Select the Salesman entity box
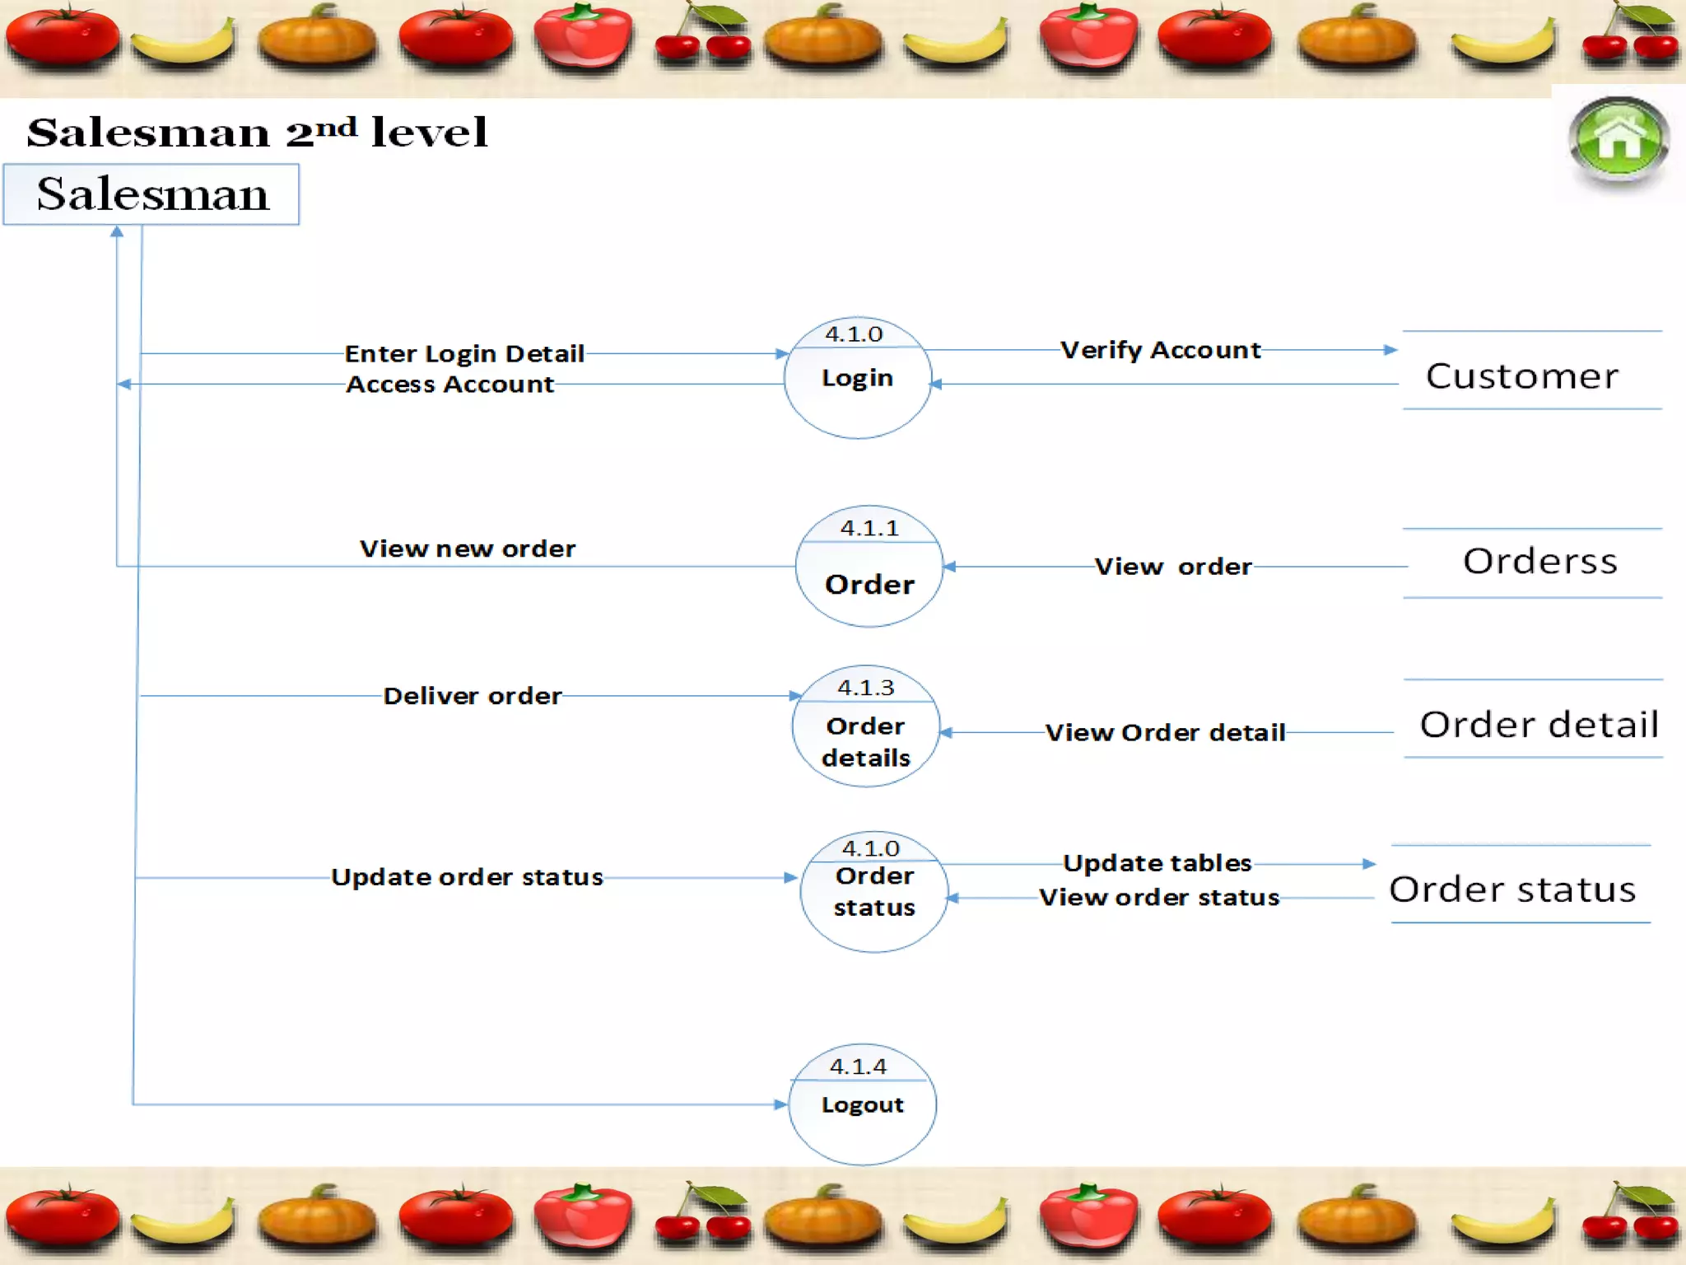click(151, 194)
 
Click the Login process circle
click(857, 378)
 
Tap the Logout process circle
click(862, 1104)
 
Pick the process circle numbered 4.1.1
click(869, 567)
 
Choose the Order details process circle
click(865, 726)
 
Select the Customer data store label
click(1522, 376)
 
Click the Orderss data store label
click(1539, 562)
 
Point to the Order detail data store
click(1538, 725)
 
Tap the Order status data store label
click(1512, 889)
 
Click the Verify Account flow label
click(1160, 350)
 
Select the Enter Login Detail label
click(464, 353)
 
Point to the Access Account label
click(449, 385)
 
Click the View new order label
click(468, 548)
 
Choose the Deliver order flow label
click(473, 696)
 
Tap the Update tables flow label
click(1157, 863)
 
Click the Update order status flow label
click(467, 877)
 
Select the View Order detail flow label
click(1165, 732)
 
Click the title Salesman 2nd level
click(257, 132)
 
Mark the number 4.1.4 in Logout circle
click(858, 1067)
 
